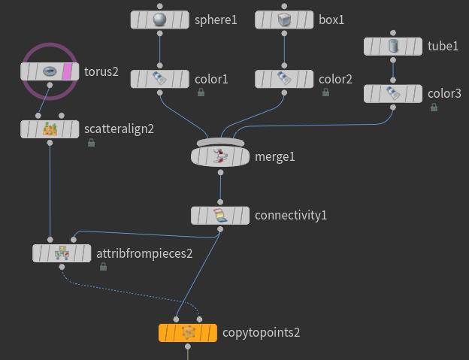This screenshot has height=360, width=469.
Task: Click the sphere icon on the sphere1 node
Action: click(159, 20)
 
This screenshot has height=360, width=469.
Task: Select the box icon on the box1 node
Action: click(284, 20)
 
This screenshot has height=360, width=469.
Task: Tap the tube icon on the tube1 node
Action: click(393, 47)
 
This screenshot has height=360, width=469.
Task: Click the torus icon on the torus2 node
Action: click(50, 72)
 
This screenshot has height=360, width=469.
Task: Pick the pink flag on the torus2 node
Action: click(67, 72)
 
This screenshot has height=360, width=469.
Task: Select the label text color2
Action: click(335, 79)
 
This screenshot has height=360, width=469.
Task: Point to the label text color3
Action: click(444, 94)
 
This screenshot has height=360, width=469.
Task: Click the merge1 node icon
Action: click(219, 156)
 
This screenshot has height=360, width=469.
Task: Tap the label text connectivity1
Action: click(291, 216)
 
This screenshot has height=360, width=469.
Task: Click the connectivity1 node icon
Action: click(219, 216)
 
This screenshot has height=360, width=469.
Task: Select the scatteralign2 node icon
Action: click(50, 129)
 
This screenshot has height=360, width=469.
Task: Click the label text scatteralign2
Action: click(119, 129)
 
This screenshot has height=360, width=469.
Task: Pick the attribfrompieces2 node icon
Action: click(62, 253)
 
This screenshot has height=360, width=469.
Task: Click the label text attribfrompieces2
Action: click(144, 253)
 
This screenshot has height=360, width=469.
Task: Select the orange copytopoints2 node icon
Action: click(188, 332)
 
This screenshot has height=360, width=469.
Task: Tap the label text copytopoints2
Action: click(262, 332)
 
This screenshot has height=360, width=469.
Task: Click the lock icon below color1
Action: click(201, 92)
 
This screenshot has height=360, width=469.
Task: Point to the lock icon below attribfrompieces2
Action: click(103, 267)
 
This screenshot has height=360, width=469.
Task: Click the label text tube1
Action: click(443, 47)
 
